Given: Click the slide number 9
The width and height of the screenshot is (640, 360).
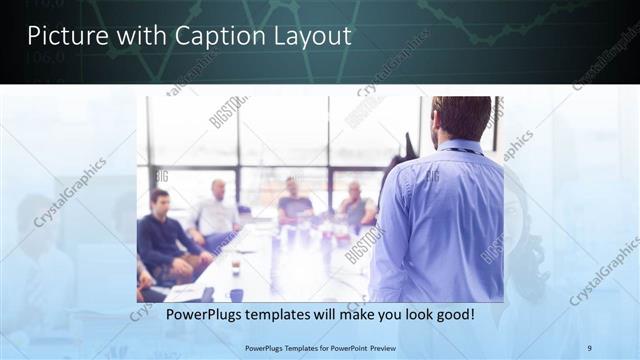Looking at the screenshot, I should coord(588,347).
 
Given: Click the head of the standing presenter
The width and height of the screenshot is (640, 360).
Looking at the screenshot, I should coord(462,118).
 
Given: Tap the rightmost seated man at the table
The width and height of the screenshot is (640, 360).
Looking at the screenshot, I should coord(355,205).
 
